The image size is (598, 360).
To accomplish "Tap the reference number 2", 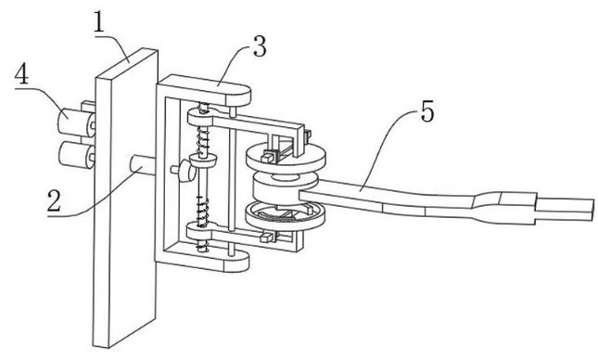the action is [x=54, y=201].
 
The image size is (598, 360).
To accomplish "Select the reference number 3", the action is [x=260, y=46].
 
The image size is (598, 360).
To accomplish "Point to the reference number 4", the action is [x=21, y=73].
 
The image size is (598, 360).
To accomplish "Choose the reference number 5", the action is [x=427, y=112].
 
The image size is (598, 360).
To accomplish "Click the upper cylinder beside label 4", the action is [x=75, y=122].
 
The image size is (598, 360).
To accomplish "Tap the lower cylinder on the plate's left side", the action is [x=76, y=154].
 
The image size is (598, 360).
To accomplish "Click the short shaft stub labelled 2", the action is [x=142, y=166].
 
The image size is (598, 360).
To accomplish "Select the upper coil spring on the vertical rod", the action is [x=203, y=138].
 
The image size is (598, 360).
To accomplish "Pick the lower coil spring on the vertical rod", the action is [x=202, y=211].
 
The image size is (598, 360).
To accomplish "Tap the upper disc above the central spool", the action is [x=286, y=157].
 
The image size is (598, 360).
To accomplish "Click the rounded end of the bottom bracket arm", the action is [x=236, y=263].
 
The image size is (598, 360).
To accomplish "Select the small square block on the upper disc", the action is [x=268, y=156].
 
